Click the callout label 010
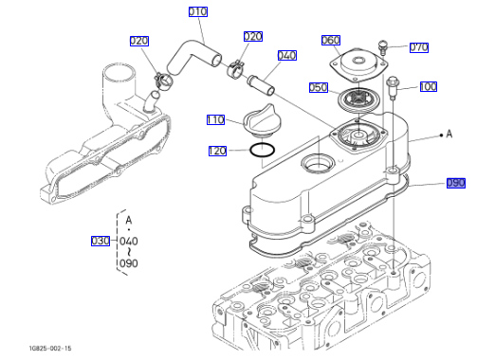click(198, 11)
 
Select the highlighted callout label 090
click(456, 183)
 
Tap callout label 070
click(419, 47)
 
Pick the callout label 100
click(429, 86)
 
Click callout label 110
click(215, 120)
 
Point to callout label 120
click(217, 151)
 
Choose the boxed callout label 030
click(101, 241)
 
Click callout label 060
click(331, 40)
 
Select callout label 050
click(319, 87)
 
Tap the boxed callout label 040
click(287, 55)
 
